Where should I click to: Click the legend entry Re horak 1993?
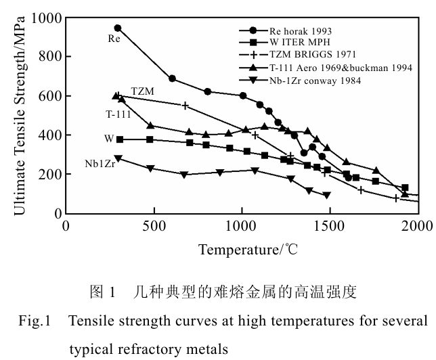tap(302, 30)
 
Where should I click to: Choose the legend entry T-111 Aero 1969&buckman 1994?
tap(331, 68)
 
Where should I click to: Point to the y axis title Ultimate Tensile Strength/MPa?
tap(19, 115)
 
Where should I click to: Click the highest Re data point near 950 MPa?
tap(118, 28)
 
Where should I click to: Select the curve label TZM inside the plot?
tap(143, 91)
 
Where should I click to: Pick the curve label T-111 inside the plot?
tap(118, 114)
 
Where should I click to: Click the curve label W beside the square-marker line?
tap(108, 139)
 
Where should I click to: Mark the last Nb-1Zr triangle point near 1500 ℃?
tap(327, 195)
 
